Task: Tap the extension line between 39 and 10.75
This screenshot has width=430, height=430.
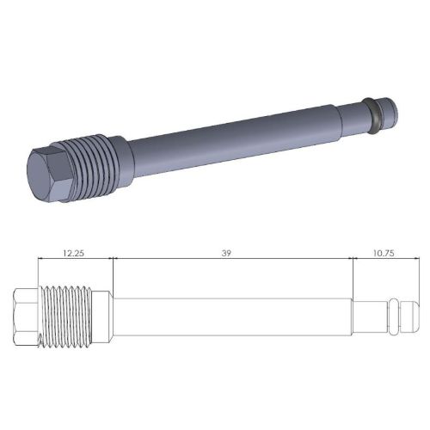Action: (353, 275)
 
